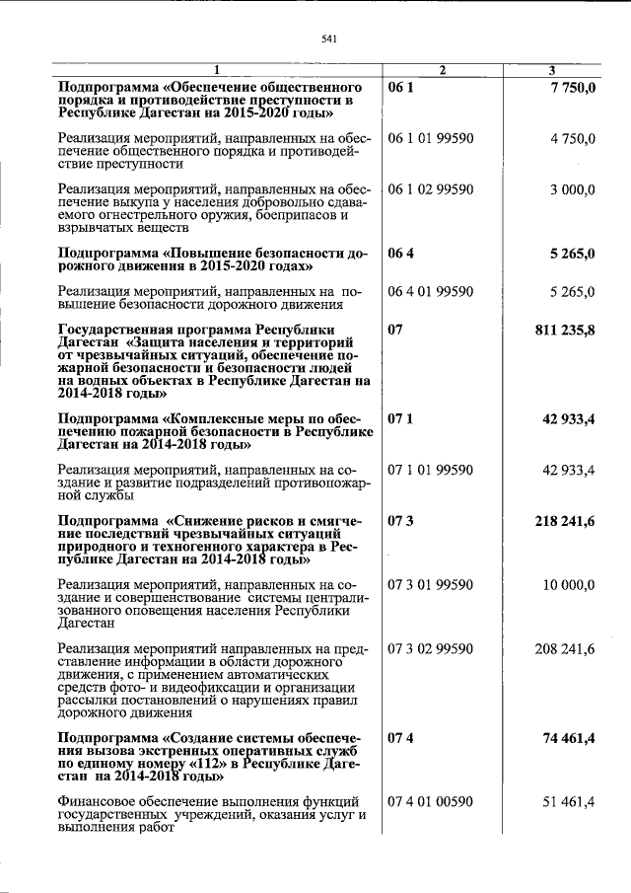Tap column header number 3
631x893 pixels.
(x=552, y=70)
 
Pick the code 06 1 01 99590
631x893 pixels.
(x=432, y=138)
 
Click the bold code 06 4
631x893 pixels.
(x=401, y=254)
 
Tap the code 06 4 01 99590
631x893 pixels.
(x=432, y=291)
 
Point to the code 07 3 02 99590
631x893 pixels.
(x=432, y=648)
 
